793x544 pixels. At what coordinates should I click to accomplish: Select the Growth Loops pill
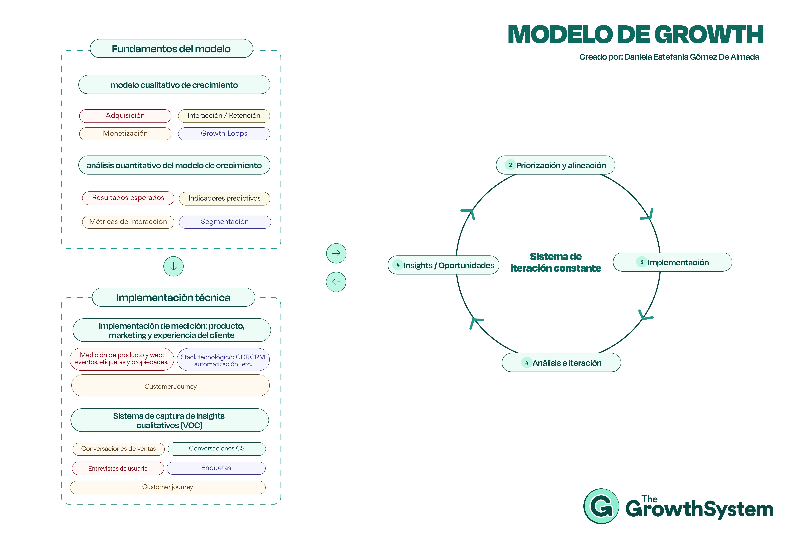(x=224, y=133)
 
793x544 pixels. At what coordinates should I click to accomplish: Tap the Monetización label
(x=125, y=133)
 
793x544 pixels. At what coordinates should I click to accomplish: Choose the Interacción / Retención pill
(x=224, y=116)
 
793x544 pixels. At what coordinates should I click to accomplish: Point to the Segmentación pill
(x=225, y=222)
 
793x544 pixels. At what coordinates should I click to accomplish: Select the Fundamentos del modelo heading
(x=171, y=49)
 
